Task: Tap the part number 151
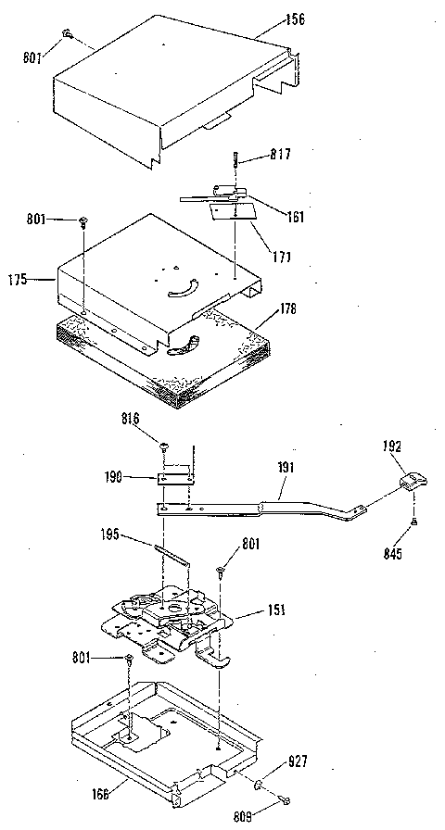coord(278,610)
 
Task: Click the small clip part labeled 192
coord(411,481)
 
